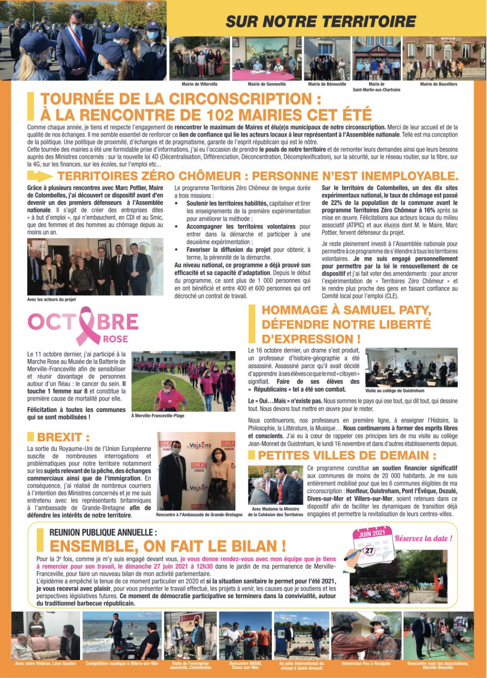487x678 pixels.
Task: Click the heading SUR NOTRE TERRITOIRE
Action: point(321,22)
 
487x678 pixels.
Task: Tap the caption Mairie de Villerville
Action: point(199,84)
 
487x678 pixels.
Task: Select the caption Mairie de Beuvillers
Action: point(439,84)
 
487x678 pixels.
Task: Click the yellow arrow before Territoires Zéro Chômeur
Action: point(40,176)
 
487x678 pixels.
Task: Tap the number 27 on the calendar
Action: point(370,550)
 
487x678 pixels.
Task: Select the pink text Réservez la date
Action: point(423,538)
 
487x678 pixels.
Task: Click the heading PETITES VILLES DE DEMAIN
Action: point(347,455)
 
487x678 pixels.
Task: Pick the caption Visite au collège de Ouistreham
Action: point(394,390)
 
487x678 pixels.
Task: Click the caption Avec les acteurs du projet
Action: point(51,300)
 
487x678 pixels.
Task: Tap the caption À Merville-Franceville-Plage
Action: point(158,416)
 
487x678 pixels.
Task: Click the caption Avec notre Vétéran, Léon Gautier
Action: point(45,664)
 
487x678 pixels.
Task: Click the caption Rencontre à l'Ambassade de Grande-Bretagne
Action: point(199,514)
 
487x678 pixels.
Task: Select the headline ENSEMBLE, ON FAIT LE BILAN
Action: point(168,546)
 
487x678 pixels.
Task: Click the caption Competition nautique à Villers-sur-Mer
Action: point(122,664)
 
